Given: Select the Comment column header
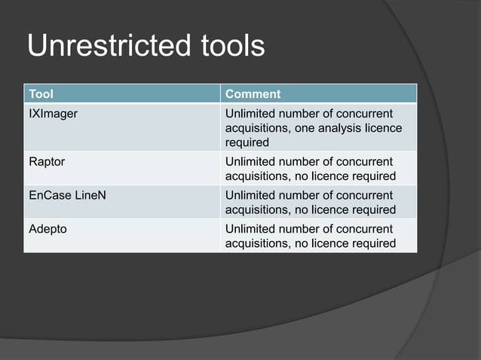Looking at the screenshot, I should pos(253,94).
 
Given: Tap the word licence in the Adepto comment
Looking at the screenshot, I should pos(333,243).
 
